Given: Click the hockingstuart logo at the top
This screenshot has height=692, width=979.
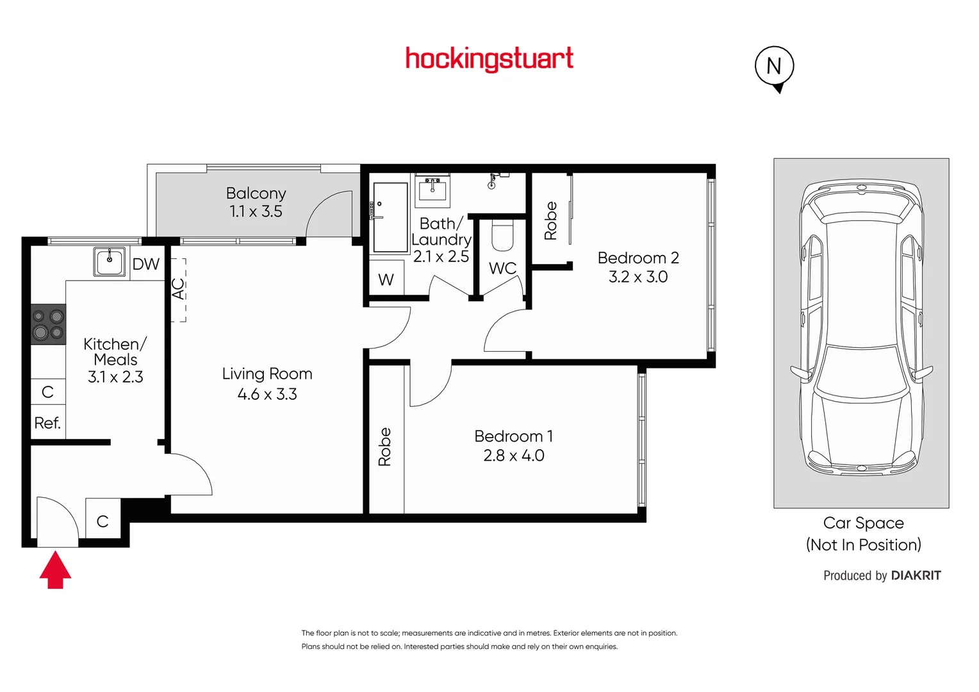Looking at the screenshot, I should pyautogui.click(x=489, y=59).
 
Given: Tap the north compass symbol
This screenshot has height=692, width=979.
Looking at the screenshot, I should pyautogui.click(x=774, y=67).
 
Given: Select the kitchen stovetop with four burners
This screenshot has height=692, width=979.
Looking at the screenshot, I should pyautogui.click(x=49, y=324).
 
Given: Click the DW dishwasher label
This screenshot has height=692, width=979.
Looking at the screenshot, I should pyautogui.click(x=145, y=264).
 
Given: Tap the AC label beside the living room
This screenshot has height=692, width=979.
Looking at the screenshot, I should pyautogui.click(x=178, y=288).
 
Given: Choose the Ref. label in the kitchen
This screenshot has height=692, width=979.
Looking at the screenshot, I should pyautogui.click(x=47, y=423).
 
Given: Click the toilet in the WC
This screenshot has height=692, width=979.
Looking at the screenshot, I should pyautogui.click(x=502, y=236).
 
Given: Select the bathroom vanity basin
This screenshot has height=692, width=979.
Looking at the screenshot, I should pyautogui.click(x=432, y=190).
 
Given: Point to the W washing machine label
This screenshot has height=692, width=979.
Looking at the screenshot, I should pyautogui.click(x=386, y=280).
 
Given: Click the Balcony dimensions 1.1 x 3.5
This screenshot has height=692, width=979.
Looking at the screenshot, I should pyautogui.click(x=256, y=211).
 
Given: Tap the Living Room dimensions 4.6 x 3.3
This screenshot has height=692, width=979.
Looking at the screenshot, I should pyautogui.click(x=267, y=394).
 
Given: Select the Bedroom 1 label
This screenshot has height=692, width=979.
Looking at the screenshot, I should pyautogui.click(x=513, y=436).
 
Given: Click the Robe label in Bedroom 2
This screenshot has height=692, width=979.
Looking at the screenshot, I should pyautogui.click(x=550, y=220).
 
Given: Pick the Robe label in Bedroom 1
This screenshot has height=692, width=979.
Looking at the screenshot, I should pyautogui.click(x=384, y=447).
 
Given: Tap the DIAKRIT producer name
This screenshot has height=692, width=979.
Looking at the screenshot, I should pyautogui.click(x=916, y=575).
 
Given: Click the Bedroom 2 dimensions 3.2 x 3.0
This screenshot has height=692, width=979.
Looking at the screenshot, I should pyautogui.click(x=638, y=277).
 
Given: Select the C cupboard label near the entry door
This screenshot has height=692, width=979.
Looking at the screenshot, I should pyautogui.click(x=103, y=522).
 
